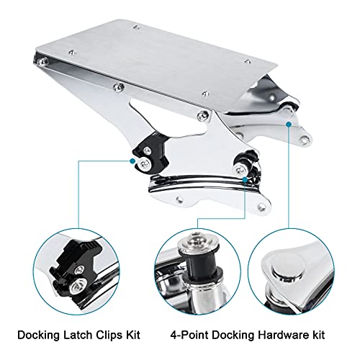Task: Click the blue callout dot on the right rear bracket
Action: coord(289,124)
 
